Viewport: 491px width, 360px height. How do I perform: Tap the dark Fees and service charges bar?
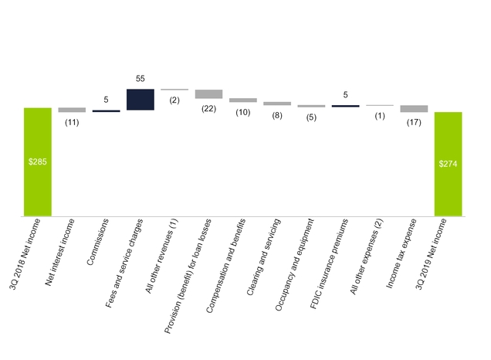[x=141, y=100]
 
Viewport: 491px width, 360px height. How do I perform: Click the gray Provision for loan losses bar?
[x=208, y=93]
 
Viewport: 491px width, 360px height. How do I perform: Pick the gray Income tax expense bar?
[x=414, y=109]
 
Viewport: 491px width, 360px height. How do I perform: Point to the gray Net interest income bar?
[x=72, y=110]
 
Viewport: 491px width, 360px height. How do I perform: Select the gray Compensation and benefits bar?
[x=243, y=100]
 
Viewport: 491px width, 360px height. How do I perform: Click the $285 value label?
[x=38, y=162]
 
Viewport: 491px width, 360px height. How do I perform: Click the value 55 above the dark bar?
[x=141, y=80]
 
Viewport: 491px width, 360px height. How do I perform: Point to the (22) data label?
[x=208, y=109]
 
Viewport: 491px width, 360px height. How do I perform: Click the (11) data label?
[x=72, y=122]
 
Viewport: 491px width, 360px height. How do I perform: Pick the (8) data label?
[x=277, y=115]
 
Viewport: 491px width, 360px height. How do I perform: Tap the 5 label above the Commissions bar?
[x=107, y=100]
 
